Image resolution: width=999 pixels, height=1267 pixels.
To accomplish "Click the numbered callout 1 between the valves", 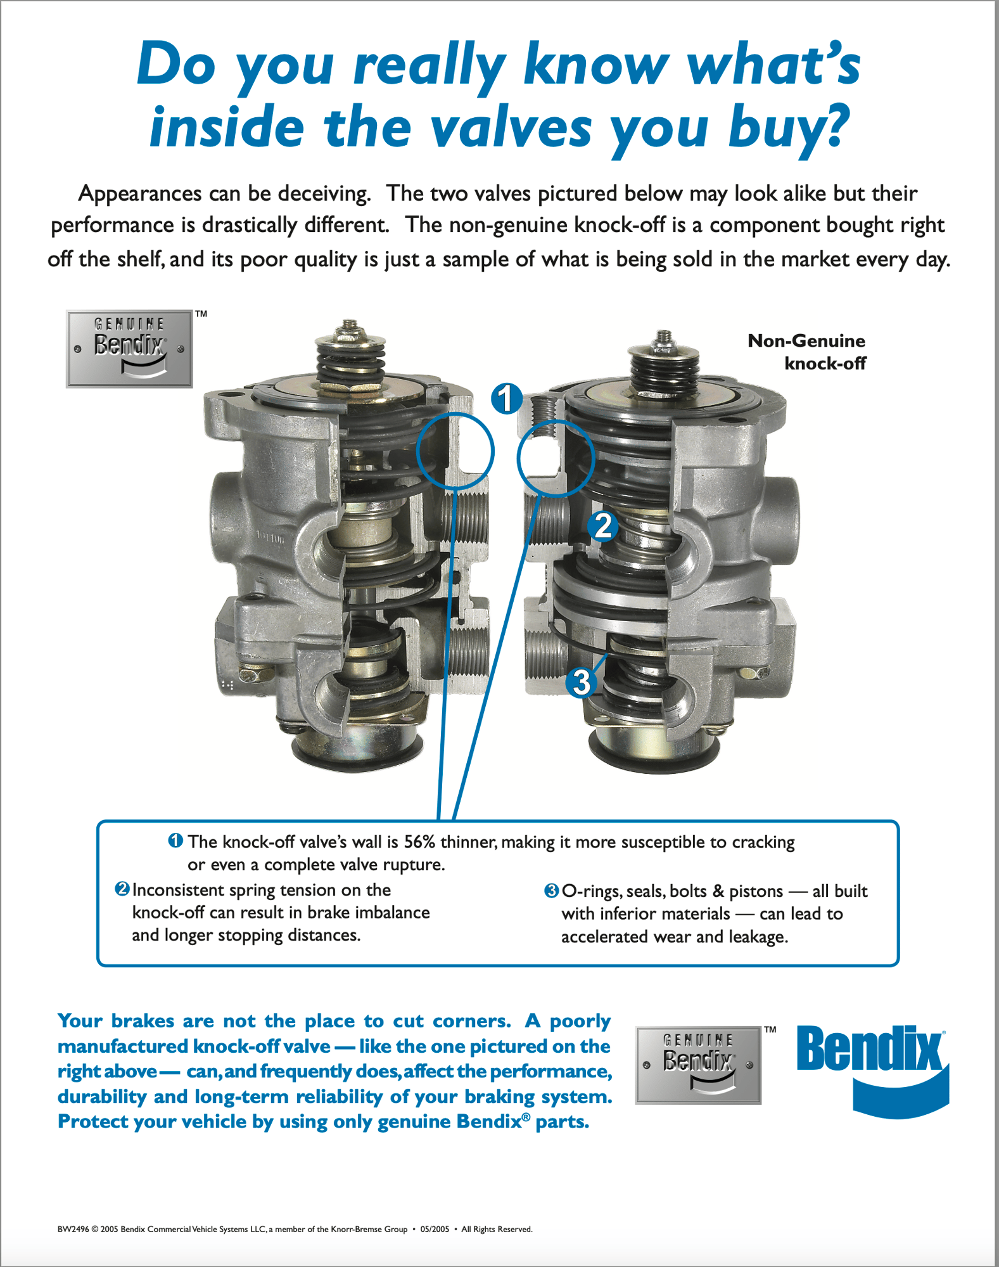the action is pos(507,399).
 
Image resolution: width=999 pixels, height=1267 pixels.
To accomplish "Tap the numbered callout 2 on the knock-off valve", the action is pos(603,526).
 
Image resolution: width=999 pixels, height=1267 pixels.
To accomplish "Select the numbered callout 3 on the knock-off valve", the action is pos(581,683).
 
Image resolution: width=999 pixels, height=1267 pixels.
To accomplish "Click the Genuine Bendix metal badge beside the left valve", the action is pos(129,349).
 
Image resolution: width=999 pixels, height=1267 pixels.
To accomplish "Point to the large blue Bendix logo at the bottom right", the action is pos(872,1071).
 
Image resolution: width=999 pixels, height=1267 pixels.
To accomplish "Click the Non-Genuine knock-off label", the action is pos(806,352).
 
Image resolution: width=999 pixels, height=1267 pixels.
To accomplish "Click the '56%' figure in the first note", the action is pos(420,842).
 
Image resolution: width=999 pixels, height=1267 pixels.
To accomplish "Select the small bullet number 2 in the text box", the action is pos(122,889).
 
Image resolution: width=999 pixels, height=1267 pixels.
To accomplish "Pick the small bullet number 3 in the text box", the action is pos(551,891).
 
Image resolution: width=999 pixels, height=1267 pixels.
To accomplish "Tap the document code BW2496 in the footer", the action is pos(73,1229).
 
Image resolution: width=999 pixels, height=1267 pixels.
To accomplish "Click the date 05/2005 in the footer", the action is pos(435,1229).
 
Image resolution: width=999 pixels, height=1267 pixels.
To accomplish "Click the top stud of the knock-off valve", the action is pos(663,338).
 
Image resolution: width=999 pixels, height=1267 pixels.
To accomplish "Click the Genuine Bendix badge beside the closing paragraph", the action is pos(698,1065).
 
